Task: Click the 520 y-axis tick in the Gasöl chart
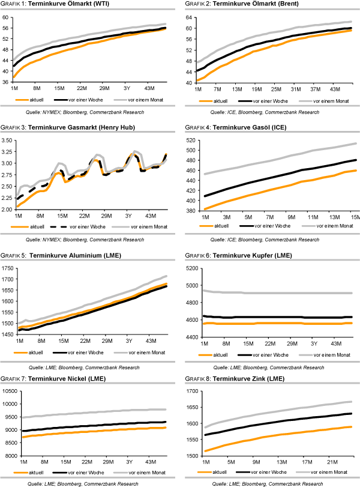point(189,140)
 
